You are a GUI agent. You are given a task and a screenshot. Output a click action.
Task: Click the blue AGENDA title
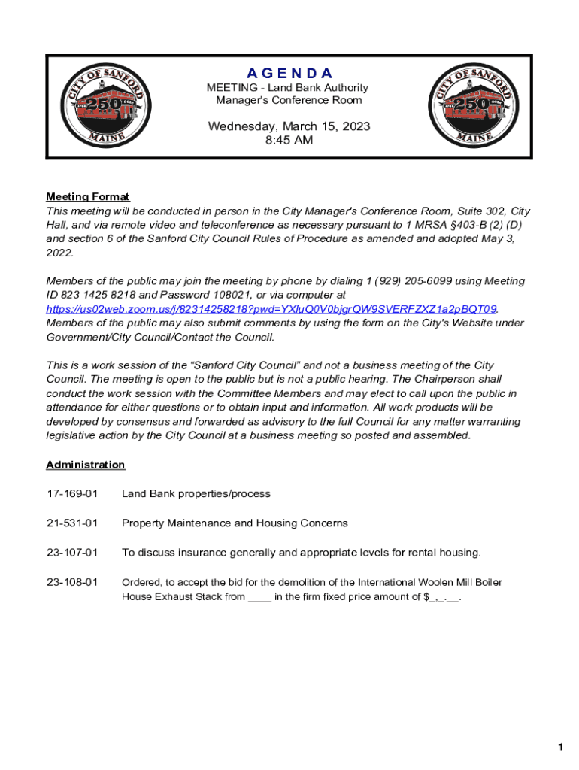click(x=289, y=73)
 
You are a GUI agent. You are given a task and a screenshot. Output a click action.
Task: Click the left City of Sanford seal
click(x=106, y=105)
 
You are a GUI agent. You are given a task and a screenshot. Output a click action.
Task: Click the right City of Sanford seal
click(x=472, y=105)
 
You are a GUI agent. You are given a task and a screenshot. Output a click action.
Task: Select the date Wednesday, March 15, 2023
click(x=289, y=126)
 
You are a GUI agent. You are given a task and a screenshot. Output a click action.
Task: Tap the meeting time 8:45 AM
click(x=289, y=141)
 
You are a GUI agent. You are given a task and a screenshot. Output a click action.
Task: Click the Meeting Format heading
click(x=88, y=197)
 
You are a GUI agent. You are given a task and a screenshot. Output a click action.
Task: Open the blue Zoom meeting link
click(x=271, y=309)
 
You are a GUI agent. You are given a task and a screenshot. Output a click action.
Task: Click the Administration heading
click(x=86, y=465)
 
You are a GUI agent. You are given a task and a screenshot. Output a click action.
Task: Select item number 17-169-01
click(x=72, y=494)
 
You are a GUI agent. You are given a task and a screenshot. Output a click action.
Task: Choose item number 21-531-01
click(x=72, y=523)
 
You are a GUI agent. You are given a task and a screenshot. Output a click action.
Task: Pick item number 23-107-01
click(x=72, y=553)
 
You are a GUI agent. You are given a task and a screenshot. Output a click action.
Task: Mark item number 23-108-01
click(x=72, y=582)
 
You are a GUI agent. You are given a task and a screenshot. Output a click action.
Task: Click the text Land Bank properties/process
click(x=196, y=494)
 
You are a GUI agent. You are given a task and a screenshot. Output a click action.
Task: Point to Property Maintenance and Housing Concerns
click(x=235, y=523)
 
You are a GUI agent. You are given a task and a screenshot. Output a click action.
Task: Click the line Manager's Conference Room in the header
click(x=289, y=100)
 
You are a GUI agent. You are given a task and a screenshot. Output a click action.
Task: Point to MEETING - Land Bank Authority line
click(x=289, y=88)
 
